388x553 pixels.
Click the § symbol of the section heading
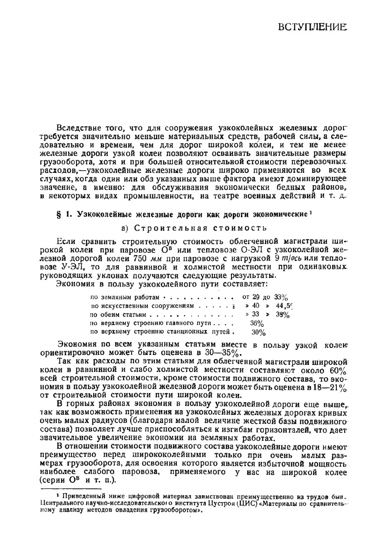coord(59,214)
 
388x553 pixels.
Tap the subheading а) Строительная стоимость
coord(194,228)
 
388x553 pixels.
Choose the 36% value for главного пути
coord(257,323)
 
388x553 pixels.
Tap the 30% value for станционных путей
coord(258,332)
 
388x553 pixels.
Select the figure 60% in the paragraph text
coord(338,370)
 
